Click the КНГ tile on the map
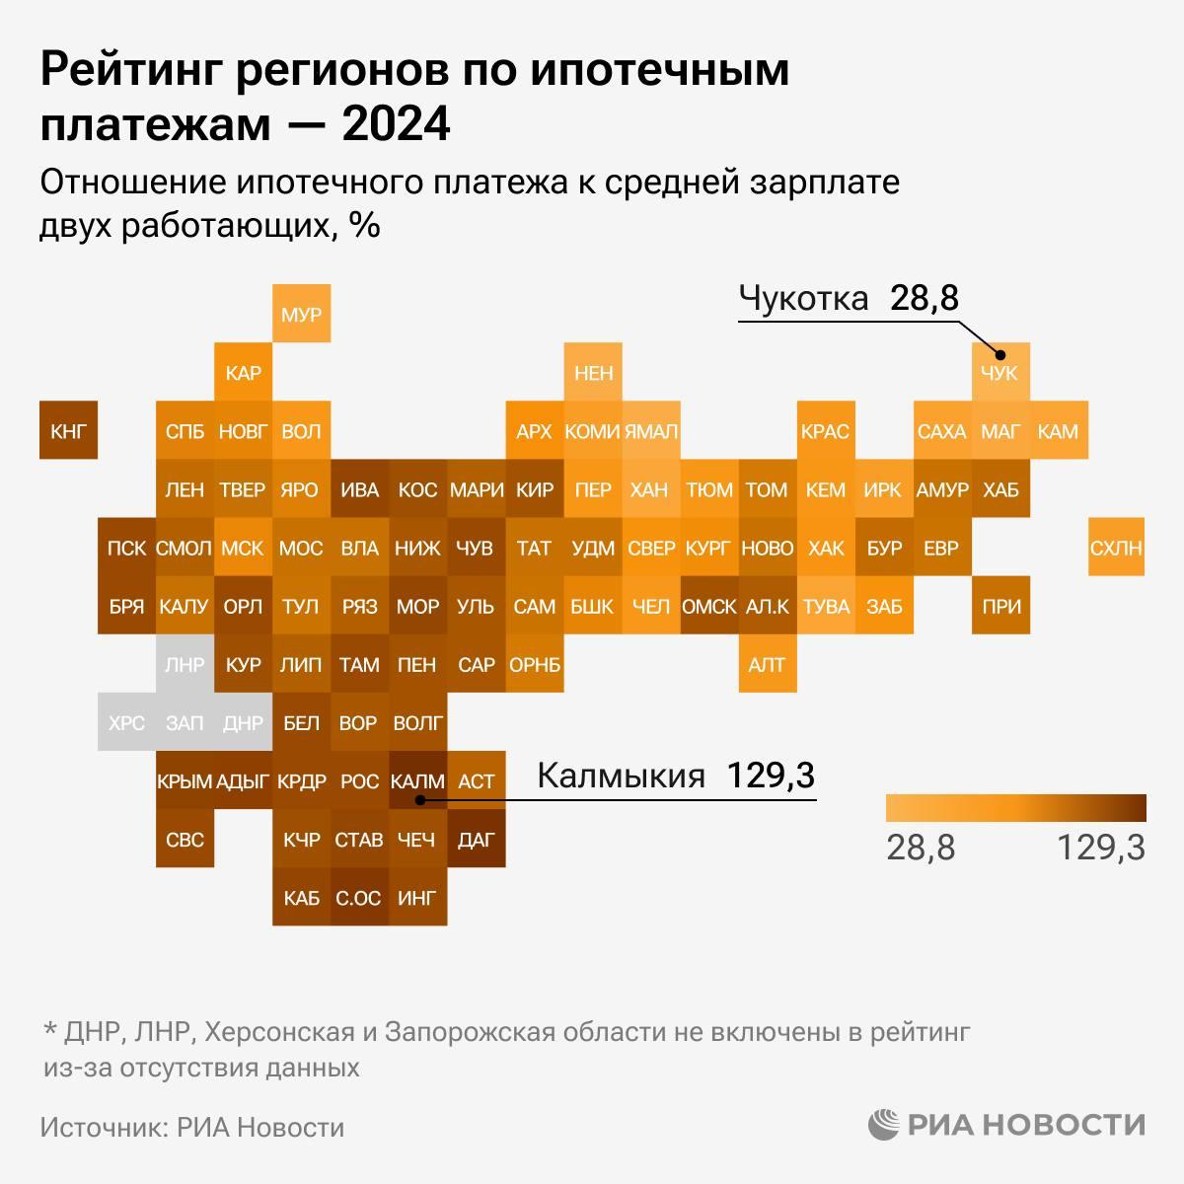click(x=68, y=430)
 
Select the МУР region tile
click(x=301, y=315)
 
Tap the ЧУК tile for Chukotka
click(x=999, y=373)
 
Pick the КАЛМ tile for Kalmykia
click(x=417, y=780)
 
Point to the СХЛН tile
click(x=1116, y=547)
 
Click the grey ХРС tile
click(x=126, y=722)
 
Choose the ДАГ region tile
click(x=476, y=839)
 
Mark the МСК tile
click(x=243, y=547)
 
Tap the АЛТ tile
click(x=767, y=664)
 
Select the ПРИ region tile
click(x=999, y=605)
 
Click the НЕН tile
click(x=592, y=373)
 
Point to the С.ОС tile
click(x=359, y=897)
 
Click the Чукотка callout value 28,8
click(x=924, y=298)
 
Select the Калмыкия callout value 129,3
click(x=771, y=776)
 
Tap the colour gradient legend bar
click(x=1015, y=808)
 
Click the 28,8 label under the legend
click(x=921, y=847)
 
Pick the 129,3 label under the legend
click(x=1101, y=847)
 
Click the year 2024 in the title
click(x=397, y=125)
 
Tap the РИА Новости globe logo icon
click(x=884, y=1124)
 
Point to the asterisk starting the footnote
click(x=49, y=1030)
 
